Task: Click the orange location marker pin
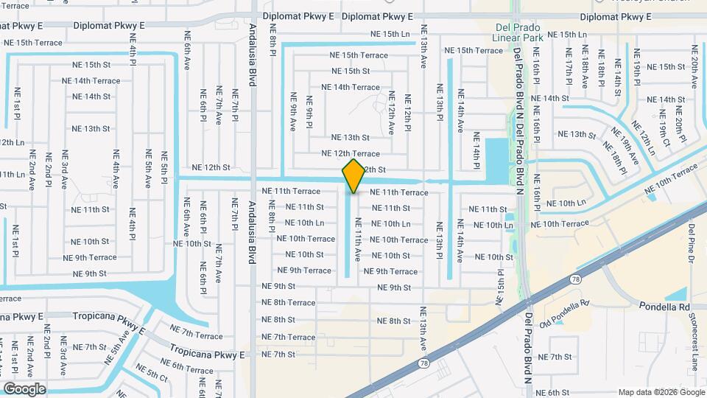[x=353, y=176]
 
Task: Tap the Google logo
[x=24, y=388]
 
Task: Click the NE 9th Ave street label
[x=293, y=112]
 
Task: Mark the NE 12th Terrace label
[x=356, y=153]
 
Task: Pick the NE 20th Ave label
[x=694, y=66]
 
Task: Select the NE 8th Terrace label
[x=288, y=302]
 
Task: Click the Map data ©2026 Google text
[x=660, y=392]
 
